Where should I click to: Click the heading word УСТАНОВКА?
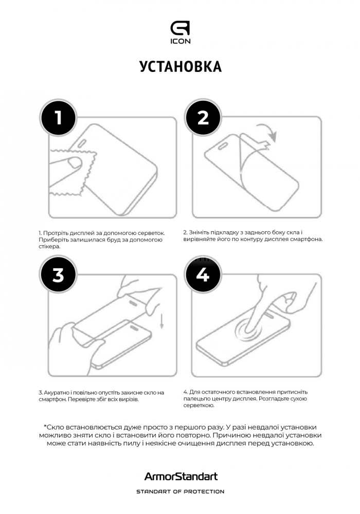coord(181,66)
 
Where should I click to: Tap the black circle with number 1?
coord(58,117)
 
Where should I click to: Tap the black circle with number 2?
coord(203,117)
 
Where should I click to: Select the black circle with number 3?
coord(58,274)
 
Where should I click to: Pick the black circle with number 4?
coord(203,274)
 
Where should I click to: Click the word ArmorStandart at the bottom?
coord(181,476)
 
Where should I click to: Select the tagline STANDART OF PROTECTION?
coord(181,492)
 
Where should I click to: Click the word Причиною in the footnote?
coord(231,436)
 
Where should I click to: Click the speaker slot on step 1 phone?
coord(82,142)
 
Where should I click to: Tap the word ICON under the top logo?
coord(180,41)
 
